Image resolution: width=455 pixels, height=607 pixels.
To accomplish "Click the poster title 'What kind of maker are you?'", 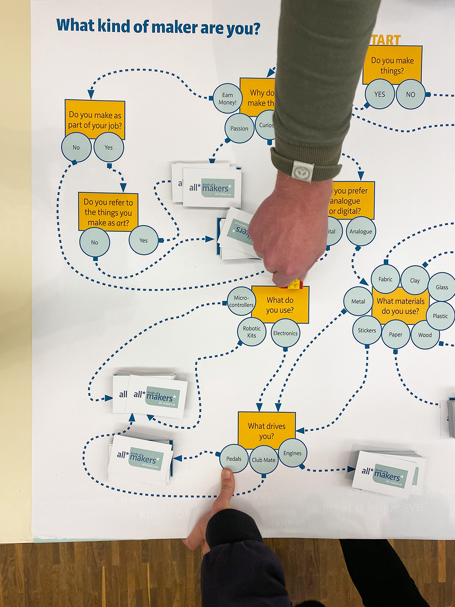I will [x=158, y=27].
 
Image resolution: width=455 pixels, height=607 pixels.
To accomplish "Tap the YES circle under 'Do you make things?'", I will [x=379, y=94].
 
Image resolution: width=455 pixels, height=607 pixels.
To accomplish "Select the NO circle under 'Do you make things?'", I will [x=410, y=95].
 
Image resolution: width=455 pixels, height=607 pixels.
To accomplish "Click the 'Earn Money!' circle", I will [x=227, y=98].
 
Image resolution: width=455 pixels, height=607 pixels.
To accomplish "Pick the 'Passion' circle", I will [x=239, y=128].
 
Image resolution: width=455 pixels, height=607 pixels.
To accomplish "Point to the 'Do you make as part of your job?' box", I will [x=95, y=119].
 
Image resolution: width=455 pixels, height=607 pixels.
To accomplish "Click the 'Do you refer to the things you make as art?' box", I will [x=108, y=212].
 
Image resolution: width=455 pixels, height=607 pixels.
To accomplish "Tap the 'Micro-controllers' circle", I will [x=241, y=301].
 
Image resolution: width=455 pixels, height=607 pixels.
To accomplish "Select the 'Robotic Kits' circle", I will [x=252, y=332].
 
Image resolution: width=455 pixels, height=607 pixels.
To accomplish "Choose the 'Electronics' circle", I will [x=285, y=333].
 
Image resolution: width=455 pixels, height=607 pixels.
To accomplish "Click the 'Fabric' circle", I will [x=385, y=279].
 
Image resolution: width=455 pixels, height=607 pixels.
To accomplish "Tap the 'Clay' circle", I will [x=415, y=281].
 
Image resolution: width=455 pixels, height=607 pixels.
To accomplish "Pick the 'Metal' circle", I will [x=358, y=301].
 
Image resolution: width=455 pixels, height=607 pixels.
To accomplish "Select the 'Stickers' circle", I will [x=367, y=331].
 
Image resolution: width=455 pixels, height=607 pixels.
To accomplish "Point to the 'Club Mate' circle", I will [x=263, y=460].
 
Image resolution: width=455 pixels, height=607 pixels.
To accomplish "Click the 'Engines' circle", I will [x=292, y=453].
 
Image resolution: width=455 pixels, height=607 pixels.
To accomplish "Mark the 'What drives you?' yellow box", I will [x=267, y=430].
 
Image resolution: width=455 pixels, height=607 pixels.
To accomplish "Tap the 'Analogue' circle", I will [x=361, y=232].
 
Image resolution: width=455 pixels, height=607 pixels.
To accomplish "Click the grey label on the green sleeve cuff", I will [x=303, y=172].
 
